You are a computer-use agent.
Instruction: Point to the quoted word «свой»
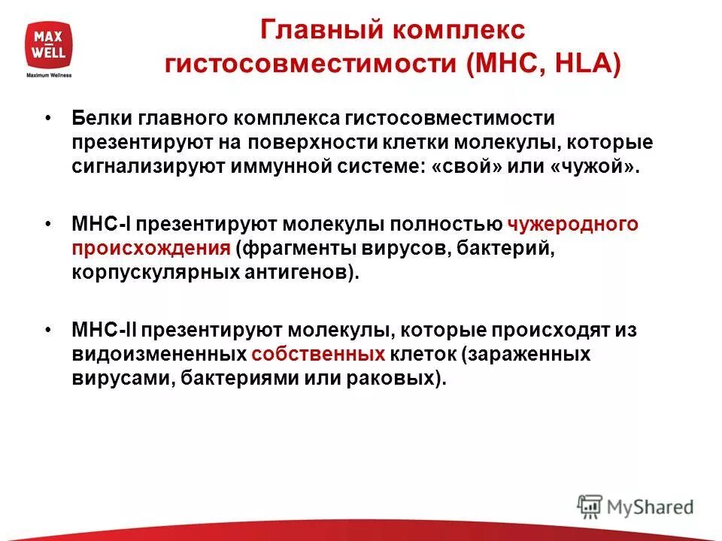point(465,166)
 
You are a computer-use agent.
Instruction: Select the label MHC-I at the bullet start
point(102,224)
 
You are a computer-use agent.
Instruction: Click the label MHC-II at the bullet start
point(104,330)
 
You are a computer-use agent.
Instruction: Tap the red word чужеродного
point(573,224)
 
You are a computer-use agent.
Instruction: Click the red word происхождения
point(151,248)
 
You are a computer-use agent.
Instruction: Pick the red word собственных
point(319,355)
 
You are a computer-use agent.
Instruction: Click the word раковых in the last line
point(402,379)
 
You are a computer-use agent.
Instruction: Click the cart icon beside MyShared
point(590,506)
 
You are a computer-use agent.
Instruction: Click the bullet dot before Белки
point(48,119)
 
